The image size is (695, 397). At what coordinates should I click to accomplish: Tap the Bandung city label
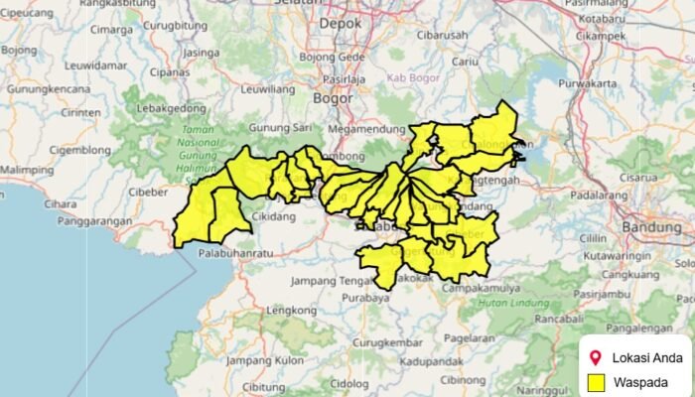[649, 227]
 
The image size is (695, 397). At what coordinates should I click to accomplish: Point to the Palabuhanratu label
[235, 254]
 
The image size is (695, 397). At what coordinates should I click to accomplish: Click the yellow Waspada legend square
[597, 382]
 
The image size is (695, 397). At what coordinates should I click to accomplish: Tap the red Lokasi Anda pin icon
[596, 357]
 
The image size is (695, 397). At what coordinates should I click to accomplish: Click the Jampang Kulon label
[264, 359]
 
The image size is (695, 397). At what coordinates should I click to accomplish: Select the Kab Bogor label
[411, 77]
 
